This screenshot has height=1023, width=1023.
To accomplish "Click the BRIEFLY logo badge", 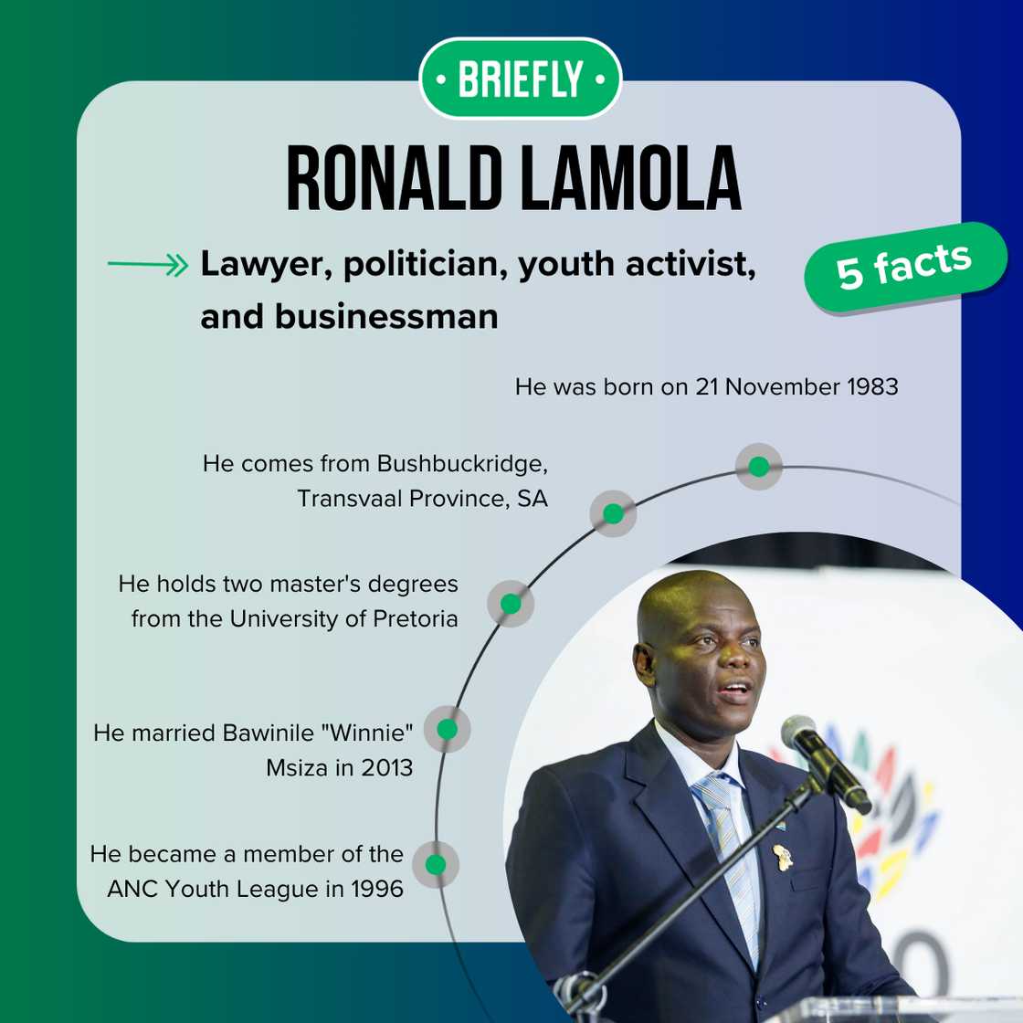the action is [x=520, y=79].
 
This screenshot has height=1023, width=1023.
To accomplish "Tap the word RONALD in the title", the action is [x=394, y=179].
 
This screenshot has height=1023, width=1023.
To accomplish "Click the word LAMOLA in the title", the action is [x=631, y=179].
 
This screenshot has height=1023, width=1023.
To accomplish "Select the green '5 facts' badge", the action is [x=905, y=267].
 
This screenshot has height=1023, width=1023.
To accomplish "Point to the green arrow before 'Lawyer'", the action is [x=148, y=265].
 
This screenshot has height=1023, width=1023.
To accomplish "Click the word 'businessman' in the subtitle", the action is [x=386, y=317].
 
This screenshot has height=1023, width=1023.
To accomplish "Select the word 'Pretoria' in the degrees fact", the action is [x=415, y=618].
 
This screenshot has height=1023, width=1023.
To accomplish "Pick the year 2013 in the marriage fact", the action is [x=387, y=768].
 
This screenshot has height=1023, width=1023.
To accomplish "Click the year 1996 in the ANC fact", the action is [x=377, y=889].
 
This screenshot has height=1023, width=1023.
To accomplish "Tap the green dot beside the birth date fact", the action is [x=759, y=467].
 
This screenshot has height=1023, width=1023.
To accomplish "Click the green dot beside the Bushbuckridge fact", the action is [x=613, y=514].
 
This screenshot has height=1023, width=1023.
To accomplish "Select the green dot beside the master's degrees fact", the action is [x=511, y=604].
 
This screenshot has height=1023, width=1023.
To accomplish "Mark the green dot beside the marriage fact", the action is [x=447, y=729].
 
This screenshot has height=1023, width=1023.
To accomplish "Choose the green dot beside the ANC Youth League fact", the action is [x=436, y=864].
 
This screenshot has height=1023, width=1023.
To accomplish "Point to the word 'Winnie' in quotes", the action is [x=367, y=733].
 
